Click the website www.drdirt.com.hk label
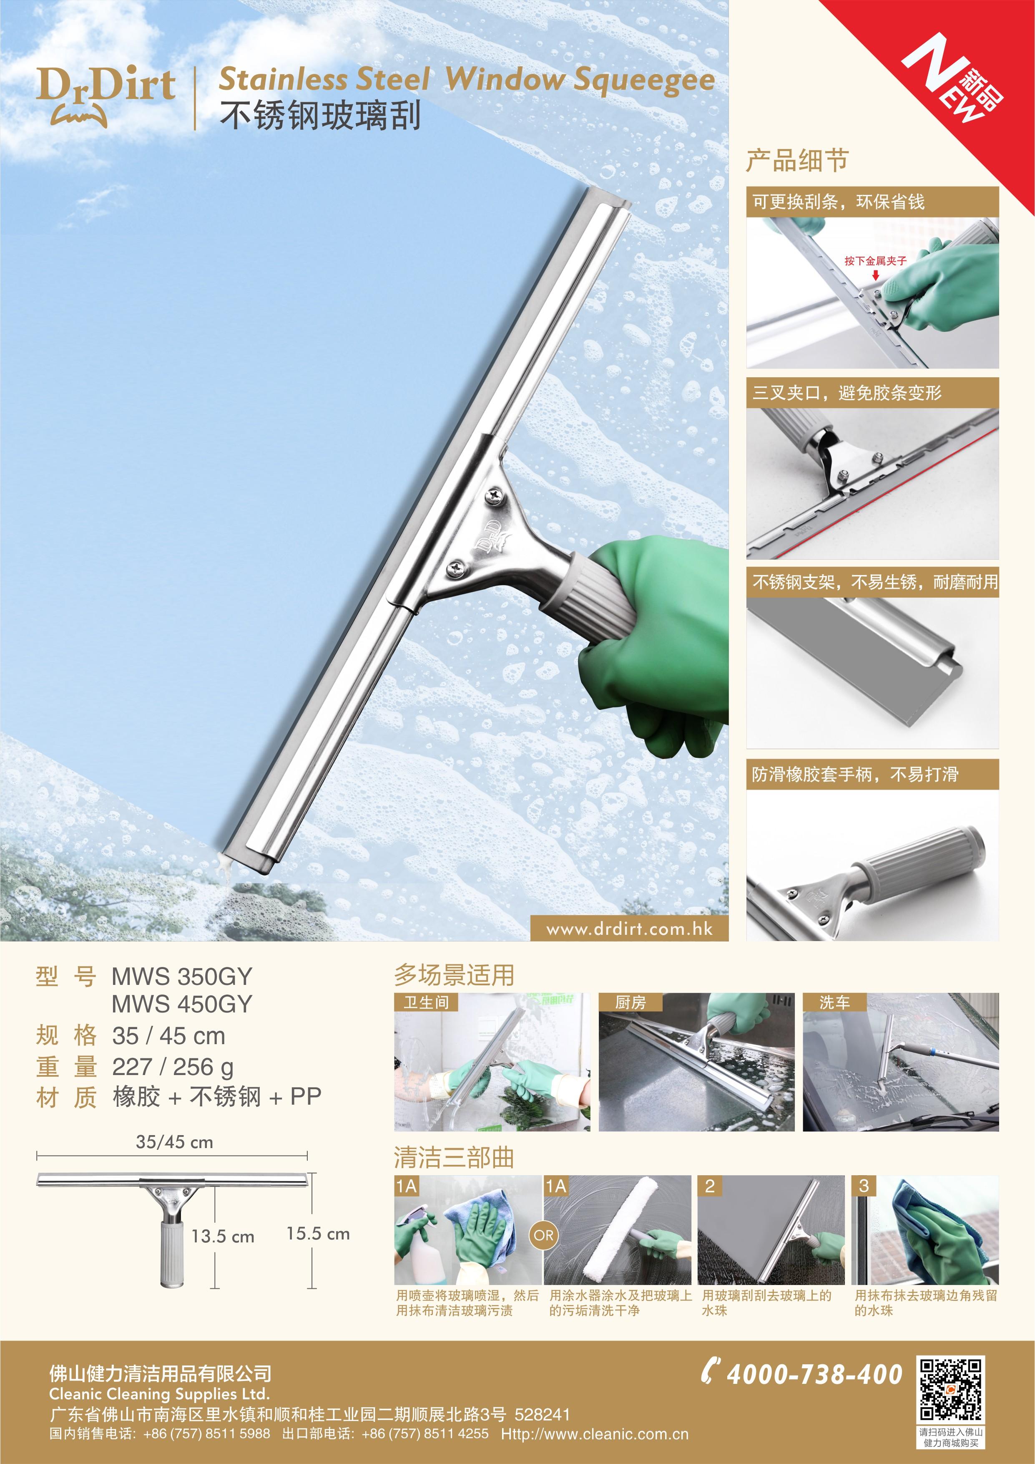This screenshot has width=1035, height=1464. (629, 929)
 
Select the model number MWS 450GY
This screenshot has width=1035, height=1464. (182, 1004)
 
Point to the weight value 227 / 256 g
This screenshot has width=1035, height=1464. (173, 1067)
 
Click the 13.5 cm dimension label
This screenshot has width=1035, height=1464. (223, 1237)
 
